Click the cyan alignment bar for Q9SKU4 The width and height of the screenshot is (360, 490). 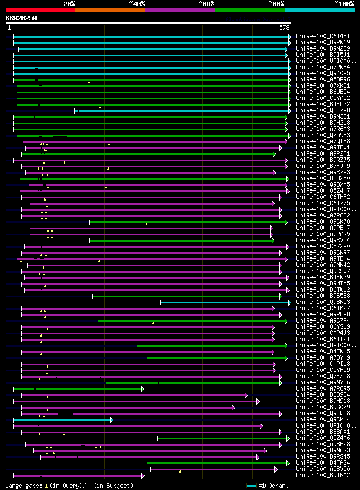[x=62, y=420]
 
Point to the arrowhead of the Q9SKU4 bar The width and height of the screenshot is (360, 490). [x=112, y=420]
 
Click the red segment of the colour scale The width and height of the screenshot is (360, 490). [x=40, y=10]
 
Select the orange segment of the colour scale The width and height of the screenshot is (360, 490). [x=110, y=10]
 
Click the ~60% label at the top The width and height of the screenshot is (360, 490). [x=206, y=4]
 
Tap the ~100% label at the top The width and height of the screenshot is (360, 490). [x=344, y=4]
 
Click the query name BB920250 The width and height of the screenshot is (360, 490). [x=21, y=18]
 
